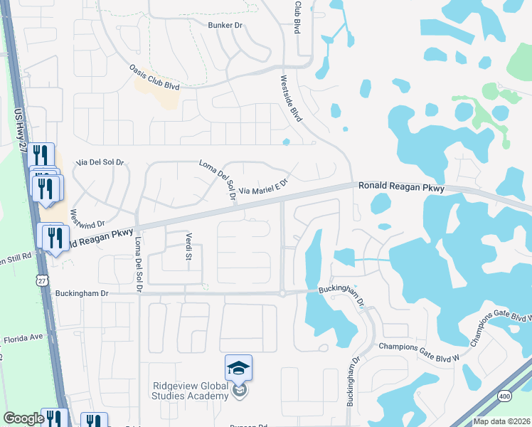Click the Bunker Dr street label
coord(226,25)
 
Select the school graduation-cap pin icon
coord(239,369)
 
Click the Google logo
coord(23,418)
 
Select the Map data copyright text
coord(501,421)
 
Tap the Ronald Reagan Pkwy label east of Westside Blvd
coord(400,186)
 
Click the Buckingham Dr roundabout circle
coord(282,292)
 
